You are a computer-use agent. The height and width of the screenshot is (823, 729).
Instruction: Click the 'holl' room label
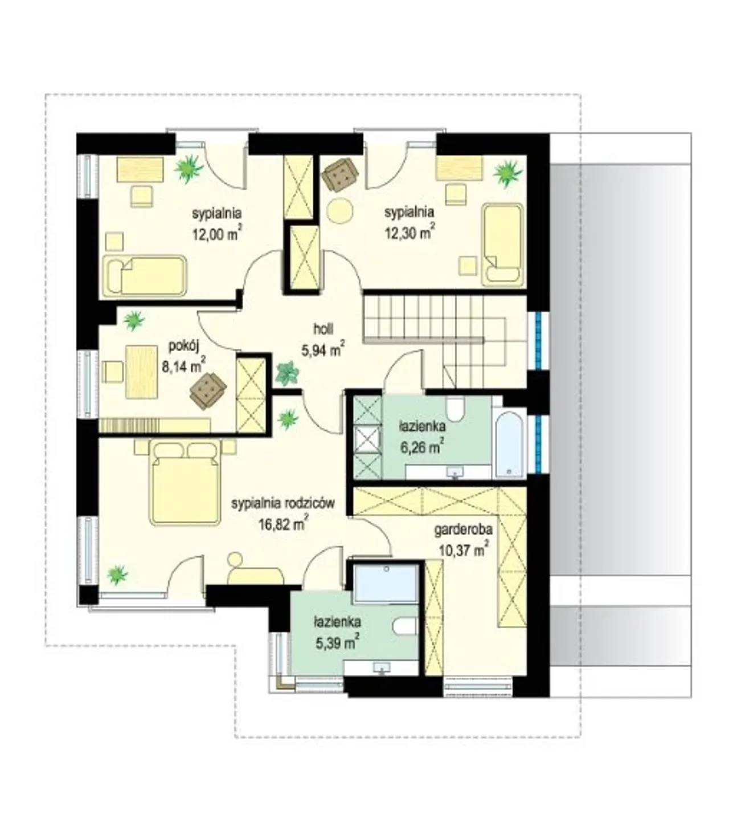point(323,329)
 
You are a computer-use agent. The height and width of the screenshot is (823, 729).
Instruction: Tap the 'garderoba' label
point(464,529)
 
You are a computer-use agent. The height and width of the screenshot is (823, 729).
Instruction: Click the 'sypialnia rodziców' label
point(283,504)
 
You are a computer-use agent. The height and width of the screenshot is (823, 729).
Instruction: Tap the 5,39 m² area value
point(337,643)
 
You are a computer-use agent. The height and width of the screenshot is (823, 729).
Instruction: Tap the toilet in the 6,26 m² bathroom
point(454,408)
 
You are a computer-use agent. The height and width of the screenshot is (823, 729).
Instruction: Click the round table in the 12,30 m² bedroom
point(340,210)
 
